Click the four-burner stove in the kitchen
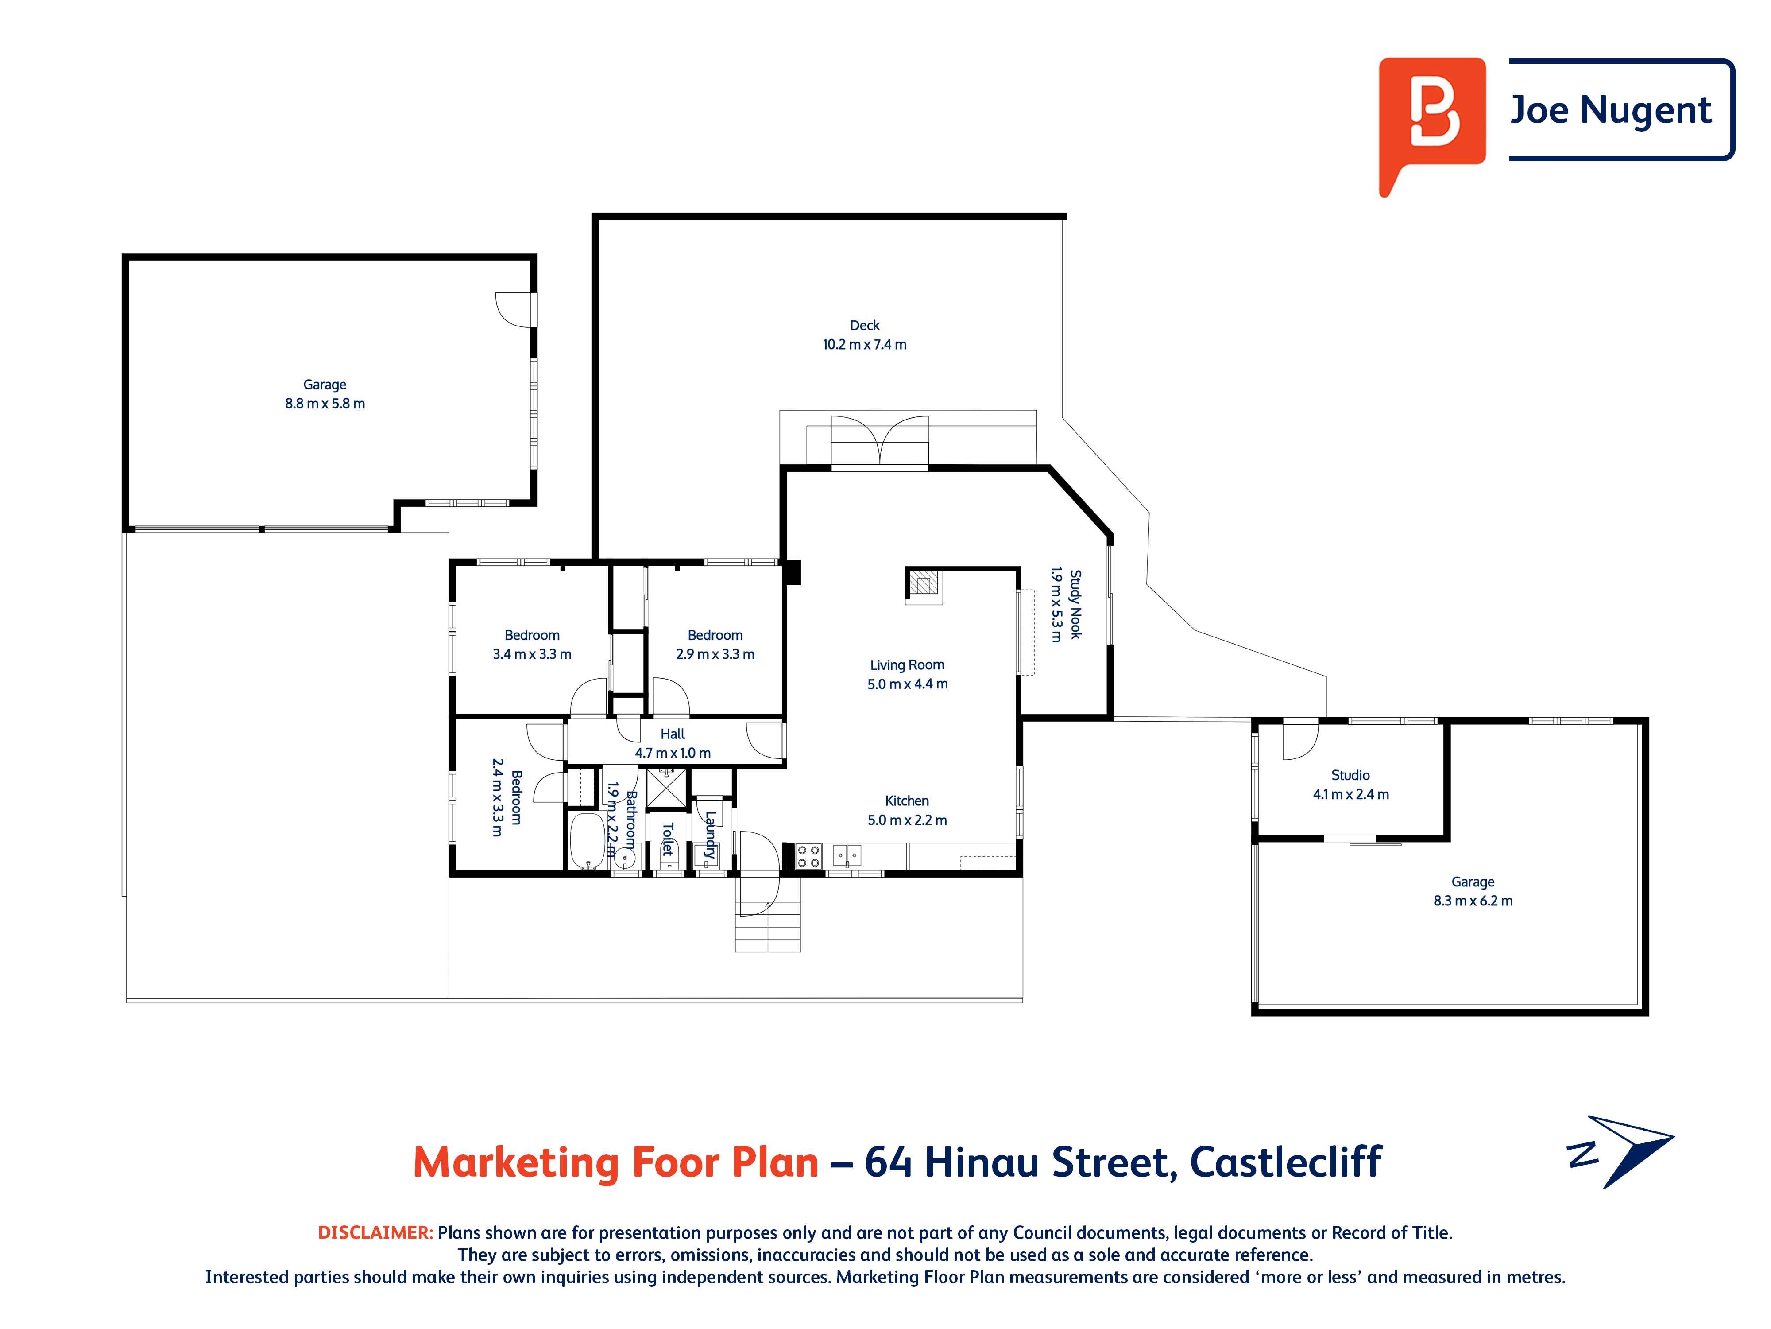(808, 856)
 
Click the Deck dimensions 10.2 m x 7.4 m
(865, 345)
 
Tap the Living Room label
(907, 665)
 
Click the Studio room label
(1351, 775)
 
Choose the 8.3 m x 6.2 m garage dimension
(1473, 901)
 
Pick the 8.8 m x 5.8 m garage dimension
(325, 404)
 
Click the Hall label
(673, 734)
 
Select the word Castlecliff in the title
(1286, 1162)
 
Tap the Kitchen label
(907, 801)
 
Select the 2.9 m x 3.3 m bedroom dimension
(715, 654)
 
